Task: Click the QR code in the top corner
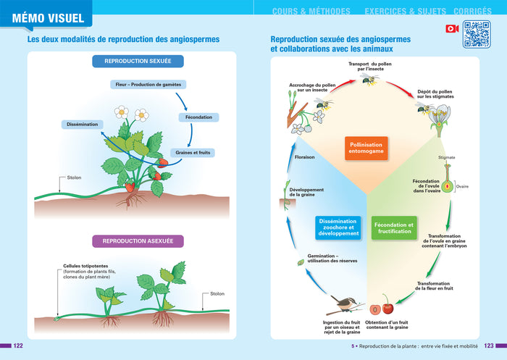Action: [477, 34]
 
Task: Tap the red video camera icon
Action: [453, 28]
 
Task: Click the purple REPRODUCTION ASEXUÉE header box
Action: [138, 240]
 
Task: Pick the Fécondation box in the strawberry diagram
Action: [198, 117]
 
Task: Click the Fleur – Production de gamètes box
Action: [147, 85]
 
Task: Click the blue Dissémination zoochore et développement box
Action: [338, 227]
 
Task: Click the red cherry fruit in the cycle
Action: [387, 298]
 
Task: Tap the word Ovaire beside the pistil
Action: [462, 186]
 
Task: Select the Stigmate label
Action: [447, 156]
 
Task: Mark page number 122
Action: [19, 346]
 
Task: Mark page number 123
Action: [489, 346]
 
